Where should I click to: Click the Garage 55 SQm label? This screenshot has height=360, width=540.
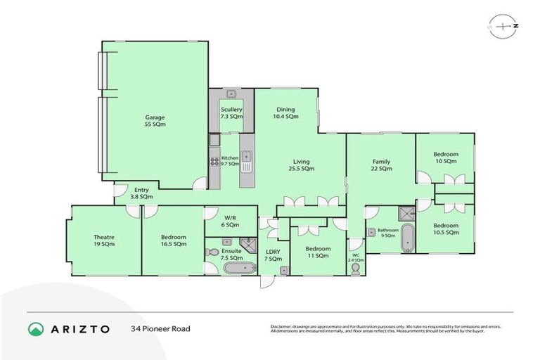coord(155,120)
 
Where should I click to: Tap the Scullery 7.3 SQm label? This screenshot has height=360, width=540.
coord(231,112)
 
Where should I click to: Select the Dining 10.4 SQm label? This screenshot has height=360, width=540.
coord(285,112)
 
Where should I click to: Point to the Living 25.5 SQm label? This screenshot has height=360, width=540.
coord(299,166)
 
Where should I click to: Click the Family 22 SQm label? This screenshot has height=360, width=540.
coord(381,166)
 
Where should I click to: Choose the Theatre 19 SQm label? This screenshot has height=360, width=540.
coord(104,240)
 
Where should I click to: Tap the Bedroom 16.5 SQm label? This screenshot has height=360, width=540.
coord(173,240)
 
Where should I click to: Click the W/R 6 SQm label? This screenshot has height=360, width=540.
coord(231,221)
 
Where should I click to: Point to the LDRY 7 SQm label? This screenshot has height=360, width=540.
coord(272,255)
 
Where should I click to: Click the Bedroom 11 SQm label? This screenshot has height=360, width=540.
coord(318,252)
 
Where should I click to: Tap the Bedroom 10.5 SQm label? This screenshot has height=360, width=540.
coord(446,229)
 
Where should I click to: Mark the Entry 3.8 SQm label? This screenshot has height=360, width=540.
coord(141,193)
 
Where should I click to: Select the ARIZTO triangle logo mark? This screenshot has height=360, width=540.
coord(35,328)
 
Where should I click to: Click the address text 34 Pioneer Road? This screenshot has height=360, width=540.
coord(160,328)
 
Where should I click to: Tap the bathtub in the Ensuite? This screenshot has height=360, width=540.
coord(237,267)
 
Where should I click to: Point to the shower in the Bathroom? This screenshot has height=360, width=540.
coord(406,214)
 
